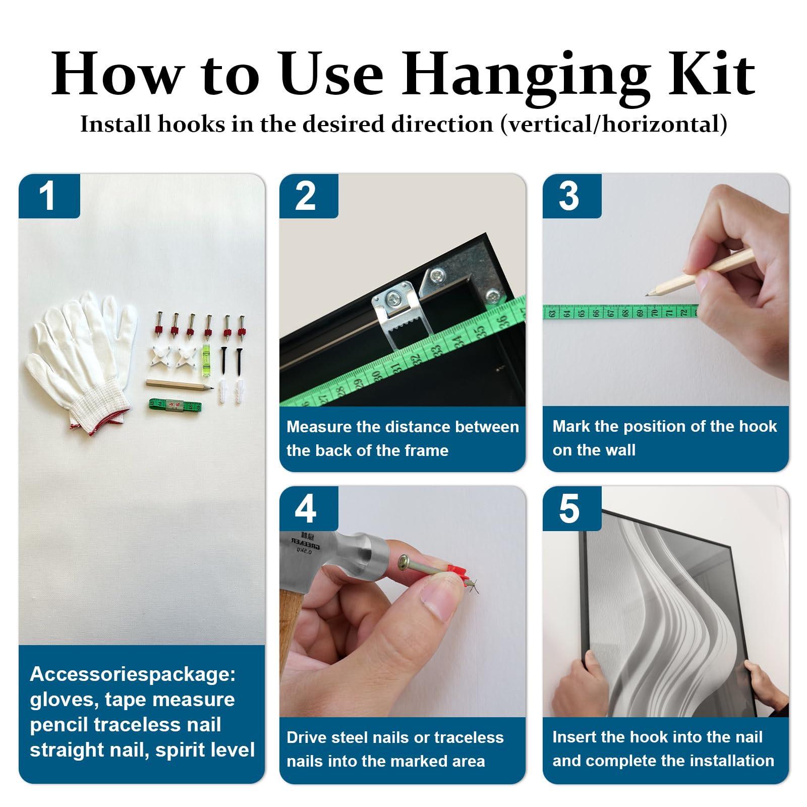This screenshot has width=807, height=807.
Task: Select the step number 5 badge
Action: [571, 508]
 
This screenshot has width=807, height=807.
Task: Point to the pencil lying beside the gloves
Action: [180, 386]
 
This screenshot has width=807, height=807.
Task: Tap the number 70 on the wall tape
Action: [654, 313]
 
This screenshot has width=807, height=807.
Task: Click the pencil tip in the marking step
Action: [647, 295]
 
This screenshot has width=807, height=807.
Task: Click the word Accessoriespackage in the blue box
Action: [133, 674]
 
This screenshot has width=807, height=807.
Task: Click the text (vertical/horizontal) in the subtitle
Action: [614, 124]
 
